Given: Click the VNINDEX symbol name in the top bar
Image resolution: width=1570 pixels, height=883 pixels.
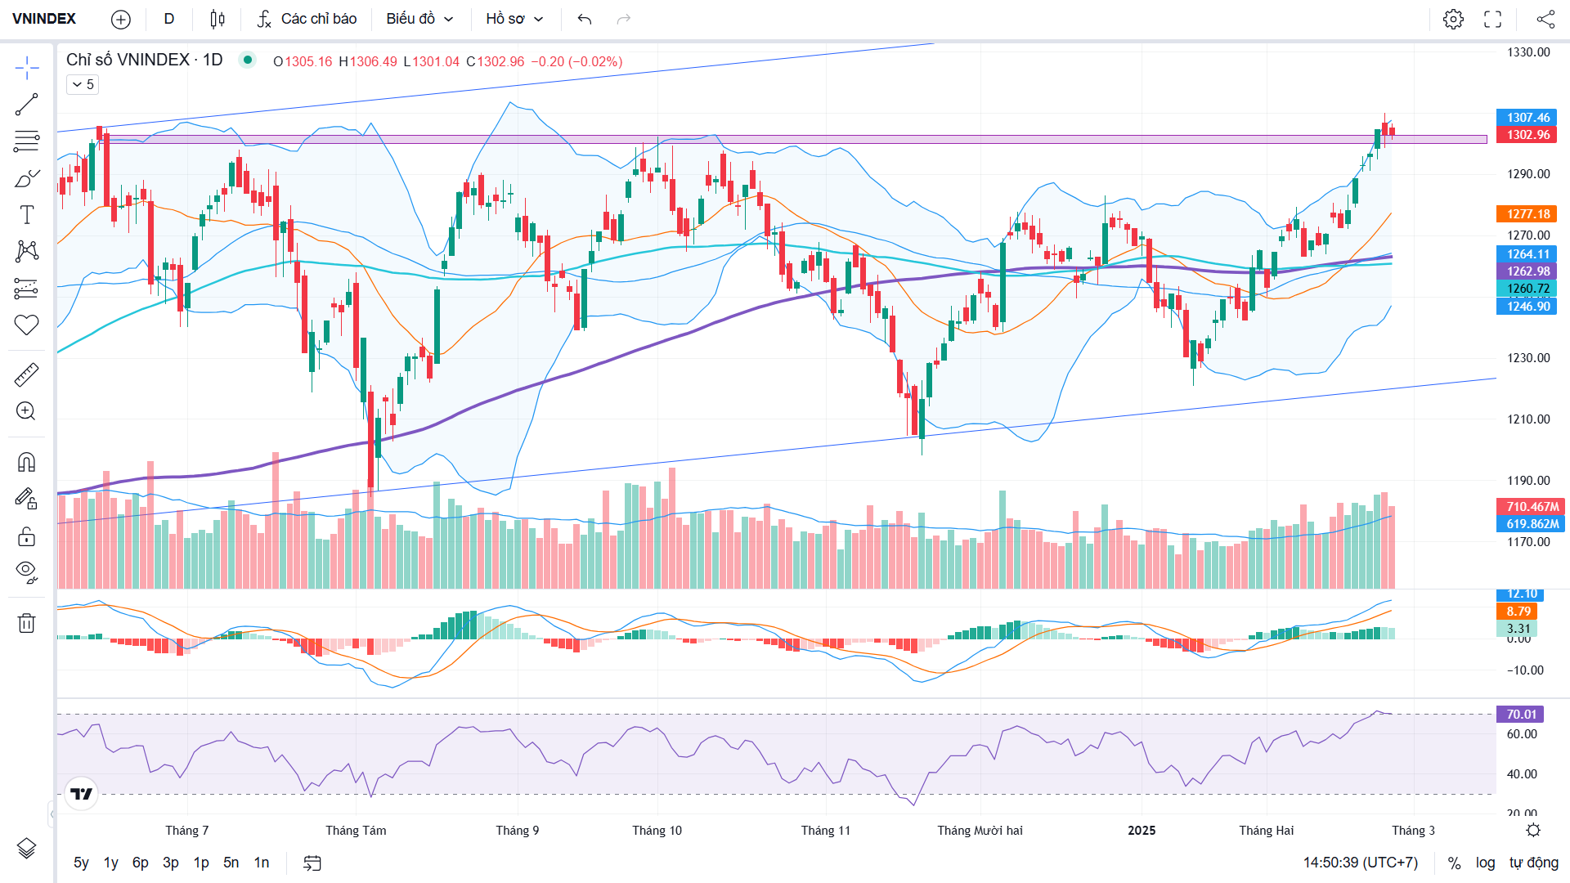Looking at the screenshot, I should click(x=44, y=19).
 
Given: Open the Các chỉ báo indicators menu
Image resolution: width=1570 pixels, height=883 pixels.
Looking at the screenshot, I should click(x=307, y=19).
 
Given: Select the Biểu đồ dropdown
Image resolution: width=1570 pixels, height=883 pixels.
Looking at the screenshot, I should click(x=419, y=19).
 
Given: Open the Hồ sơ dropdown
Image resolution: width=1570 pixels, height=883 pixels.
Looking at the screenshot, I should click(x=514, y=19).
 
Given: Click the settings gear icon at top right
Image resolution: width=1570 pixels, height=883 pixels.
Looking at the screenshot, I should click(x=1453, y=19).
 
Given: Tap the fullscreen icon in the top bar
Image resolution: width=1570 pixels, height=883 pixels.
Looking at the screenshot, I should click(x=1493, y=19).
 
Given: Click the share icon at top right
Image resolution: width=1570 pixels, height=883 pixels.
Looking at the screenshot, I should click(x=1545, y=19).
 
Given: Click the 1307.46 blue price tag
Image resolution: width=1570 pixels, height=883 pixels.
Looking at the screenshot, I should click(x=1527, y=118).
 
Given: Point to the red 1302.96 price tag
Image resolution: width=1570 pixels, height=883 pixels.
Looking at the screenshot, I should click(x=1527, y=135).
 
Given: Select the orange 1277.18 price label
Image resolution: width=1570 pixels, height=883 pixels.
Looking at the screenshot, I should click(x=1527, y=214).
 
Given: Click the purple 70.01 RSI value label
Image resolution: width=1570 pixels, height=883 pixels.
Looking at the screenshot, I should click(x=1520, y=715).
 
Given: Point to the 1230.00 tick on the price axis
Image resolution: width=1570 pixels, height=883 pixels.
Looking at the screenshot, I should click(x=1528, y=358).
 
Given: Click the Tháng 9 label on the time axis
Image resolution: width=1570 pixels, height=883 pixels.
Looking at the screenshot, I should click(x=517, y=831).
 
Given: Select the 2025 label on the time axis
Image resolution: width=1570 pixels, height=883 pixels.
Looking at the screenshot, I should click(x=1142, y=831).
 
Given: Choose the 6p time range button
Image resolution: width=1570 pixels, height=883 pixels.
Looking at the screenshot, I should click(x=141, y=863).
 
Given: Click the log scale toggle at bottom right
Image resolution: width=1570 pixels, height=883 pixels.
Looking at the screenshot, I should click(x=1485, y=863).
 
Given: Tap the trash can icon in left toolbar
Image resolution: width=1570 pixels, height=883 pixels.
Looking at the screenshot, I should click(x=26, y=623).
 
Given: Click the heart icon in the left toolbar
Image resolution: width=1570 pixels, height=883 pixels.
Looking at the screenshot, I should click(x=26, y=325).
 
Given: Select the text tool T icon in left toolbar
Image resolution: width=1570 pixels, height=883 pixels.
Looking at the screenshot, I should click(x=26, y=215).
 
